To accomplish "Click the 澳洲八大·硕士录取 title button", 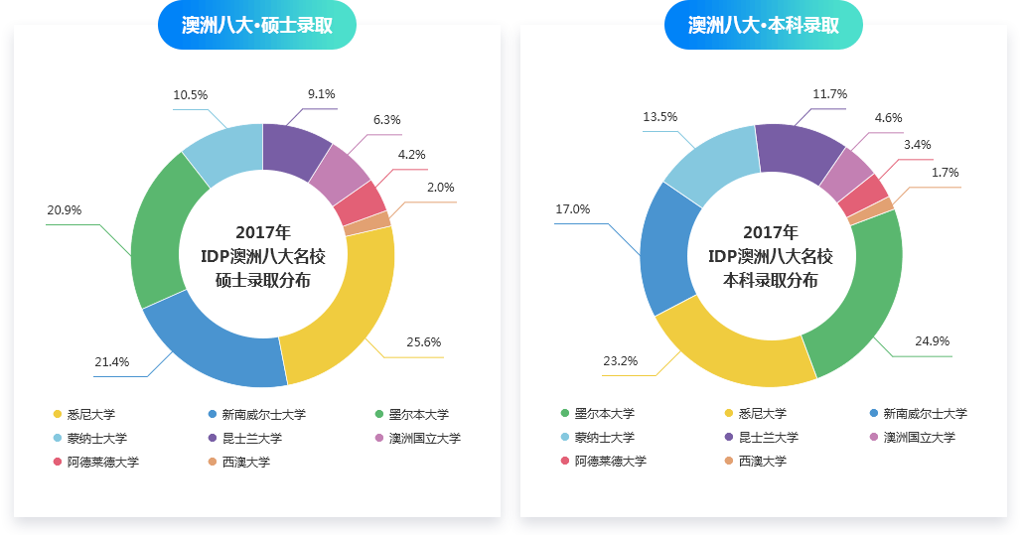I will click(x=256, y=25).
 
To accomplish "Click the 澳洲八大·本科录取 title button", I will click(x=763, y=25).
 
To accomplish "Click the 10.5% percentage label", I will click(x=190, y=95).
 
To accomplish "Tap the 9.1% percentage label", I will click(x=321, y=94).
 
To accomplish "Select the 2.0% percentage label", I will click(x=440, y=187).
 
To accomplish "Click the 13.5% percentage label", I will click(x=659, y=117).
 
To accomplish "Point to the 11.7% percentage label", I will click(x=829, y=94).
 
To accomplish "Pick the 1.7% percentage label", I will click(x=945, y=173).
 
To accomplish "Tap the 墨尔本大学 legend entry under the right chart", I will click(x=604, y=413).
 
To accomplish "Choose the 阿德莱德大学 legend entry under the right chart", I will click(x=610, y=461).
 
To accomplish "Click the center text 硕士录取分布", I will click(x=262, y=280).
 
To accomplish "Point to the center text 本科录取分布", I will click(x=771, y=280).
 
